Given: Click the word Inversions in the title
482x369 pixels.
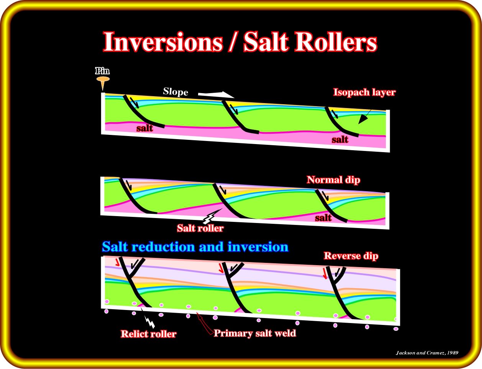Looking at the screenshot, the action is coord(163,41).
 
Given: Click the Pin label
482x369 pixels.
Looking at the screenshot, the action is coord(102,71).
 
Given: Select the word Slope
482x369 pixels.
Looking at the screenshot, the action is coord(175,92).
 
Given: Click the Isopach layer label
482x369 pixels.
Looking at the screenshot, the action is coord(364,92).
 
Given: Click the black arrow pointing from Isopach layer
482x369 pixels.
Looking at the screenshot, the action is coord(364,117).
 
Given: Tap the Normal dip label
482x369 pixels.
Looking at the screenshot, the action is coord(333,180).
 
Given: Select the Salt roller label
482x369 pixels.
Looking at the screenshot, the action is coord(200,228).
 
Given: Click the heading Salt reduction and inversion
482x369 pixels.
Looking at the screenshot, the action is coord(195,247).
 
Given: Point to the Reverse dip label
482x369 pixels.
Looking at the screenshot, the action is coord(351,256).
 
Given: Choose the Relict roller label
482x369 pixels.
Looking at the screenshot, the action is coord(148,334).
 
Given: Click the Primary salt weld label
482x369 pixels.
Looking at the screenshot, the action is coord(255,333).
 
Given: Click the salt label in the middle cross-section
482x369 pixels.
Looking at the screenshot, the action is coord(323,218).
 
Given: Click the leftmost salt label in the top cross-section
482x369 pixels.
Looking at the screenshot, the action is coord(144,128).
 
